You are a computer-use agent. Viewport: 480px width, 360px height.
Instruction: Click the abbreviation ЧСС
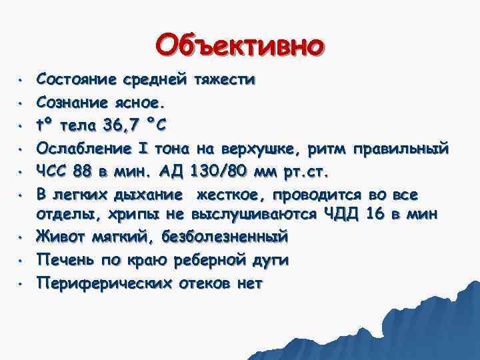pos(52,170)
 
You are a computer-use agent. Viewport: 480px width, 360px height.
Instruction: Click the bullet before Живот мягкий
pos(21,237)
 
